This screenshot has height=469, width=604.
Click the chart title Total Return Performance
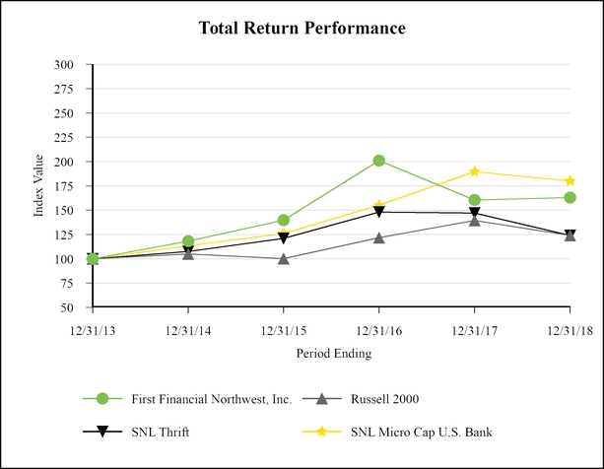click(302, 29)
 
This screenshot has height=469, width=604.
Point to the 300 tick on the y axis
click(65, 64)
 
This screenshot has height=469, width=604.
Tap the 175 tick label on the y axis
click(65, 185)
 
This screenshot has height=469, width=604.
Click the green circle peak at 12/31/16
click(378, 161)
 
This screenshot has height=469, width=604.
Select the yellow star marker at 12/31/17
click(474, 171)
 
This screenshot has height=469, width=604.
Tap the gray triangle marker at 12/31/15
click(284, 259)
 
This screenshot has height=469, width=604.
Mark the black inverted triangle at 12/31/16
click(378, 212)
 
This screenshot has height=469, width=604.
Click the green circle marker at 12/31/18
click(570, 197)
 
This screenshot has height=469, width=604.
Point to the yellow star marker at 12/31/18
click(570, 181)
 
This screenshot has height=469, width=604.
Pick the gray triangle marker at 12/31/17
click(474, 220)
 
